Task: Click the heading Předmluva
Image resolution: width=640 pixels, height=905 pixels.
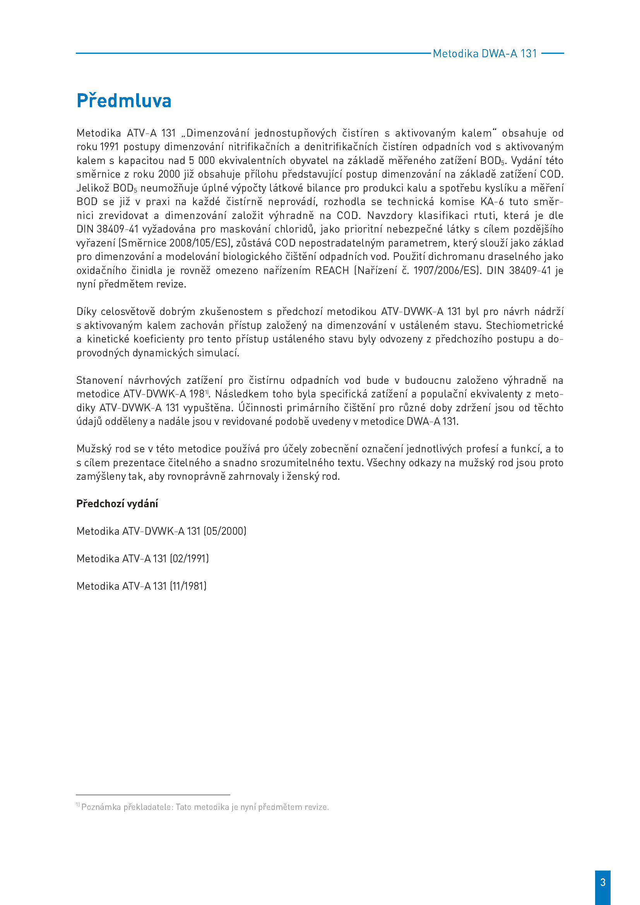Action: (x=124, y=101)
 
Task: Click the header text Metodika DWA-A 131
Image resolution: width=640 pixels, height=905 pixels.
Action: (x=485, y=54)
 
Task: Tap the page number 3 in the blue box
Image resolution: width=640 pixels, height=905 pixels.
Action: (x=602, y=882)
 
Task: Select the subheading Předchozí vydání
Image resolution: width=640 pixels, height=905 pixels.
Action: (x=117, y=504)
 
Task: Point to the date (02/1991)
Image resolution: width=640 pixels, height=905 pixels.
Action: (x=189, y=559)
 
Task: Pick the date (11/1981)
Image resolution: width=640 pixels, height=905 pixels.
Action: (x=188, y=586)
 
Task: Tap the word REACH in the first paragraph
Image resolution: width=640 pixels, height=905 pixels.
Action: (x=332, y=271)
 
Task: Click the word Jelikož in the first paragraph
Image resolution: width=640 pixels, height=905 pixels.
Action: (x=92, y=188)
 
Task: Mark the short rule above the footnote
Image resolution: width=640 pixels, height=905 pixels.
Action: (x=153, y=795)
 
